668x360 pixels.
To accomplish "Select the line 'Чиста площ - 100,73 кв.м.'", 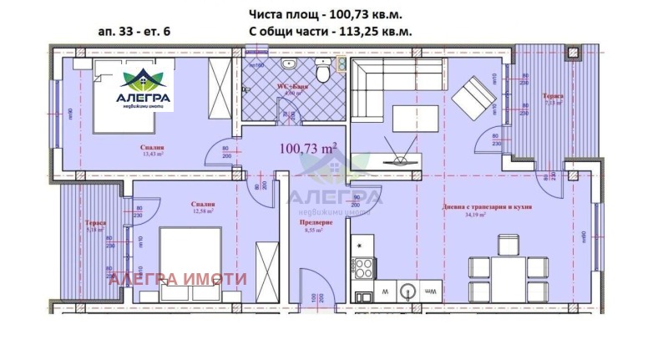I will click(331, 14).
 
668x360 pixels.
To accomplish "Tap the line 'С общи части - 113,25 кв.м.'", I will click(331, 33).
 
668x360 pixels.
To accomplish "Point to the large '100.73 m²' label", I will click(308, 148).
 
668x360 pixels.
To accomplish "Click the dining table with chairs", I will click(508, 267).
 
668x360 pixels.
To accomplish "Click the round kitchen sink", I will click(407, 292).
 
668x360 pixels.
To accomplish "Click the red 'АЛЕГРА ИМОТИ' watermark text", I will click(177, 279).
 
